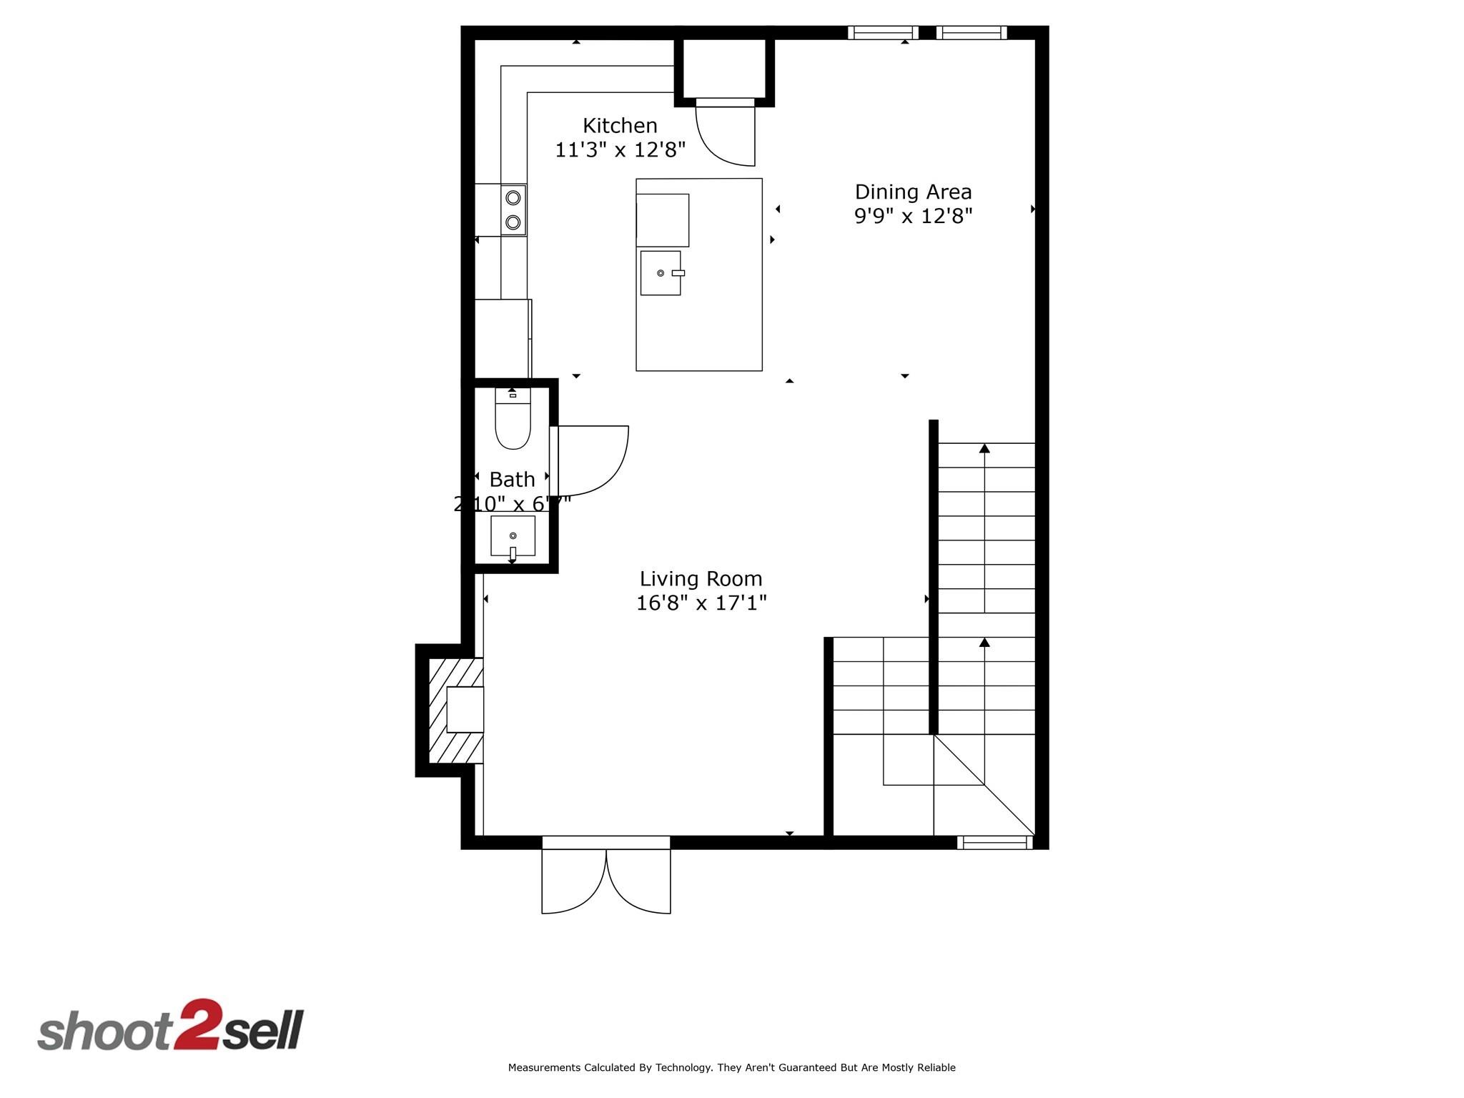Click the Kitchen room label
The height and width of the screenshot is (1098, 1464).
(x=620, y=126)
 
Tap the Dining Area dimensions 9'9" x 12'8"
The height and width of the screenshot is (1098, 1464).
(x=913, y=216)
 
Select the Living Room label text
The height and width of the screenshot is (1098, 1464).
(x=701, y=578)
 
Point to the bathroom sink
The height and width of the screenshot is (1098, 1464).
(x=513, y=536)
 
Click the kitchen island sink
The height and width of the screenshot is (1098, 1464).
(x=660, y=273)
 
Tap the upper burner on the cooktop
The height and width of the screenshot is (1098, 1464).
(x=513, y=198)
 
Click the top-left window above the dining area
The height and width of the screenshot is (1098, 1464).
(x=882, y=32)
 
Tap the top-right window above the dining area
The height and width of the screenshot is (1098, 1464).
(x=971, y=32)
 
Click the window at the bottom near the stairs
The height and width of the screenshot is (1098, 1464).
(x=994, y=843)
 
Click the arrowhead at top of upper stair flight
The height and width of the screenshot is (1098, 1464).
(x=984, y=448)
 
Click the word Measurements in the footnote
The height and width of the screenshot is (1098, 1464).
(x=544, y=1067)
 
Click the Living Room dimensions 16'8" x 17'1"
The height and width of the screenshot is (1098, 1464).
(x=701, y=603)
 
